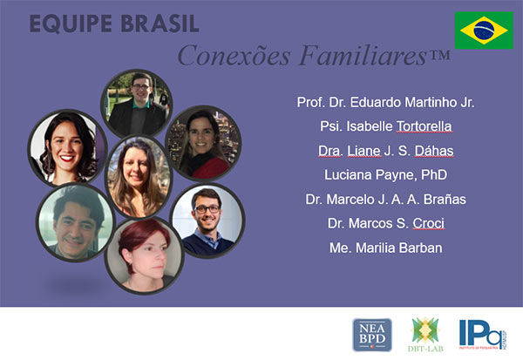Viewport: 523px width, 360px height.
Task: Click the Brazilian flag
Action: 484,31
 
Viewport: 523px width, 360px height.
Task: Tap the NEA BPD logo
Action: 372,335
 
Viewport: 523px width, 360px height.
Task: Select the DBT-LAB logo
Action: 425,335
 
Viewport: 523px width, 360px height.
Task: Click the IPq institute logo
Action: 483,335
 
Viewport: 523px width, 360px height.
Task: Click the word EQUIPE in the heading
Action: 71,24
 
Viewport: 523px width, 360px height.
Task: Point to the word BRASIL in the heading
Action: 160,24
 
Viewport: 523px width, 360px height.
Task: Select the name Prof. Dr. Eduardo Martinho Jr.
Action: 385,103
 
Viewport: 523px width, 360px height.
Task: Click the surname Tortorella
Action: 424,126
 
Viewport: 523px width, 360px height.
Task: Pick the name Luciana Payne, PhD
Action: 385,175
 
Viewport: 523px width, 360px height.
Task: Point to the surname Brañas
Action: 445,200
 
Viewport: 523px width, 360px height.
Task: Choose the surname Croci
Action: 428,223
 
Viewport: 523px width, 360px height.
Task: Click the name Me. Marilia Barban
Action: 386,248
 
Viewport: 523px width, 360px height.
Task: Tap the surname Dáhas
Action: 434,151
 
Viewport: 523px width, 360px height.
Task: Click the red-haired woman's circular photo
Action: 145,255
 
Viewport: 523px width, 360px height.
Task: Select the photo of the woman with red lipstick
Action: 67,148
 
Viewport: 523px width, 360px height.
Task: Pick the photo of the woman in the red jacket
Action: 203,143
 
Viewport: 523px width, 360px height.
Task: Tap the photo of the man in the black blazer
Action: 137,104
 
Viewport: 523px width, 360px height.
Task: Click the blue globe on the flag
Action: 484,31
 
